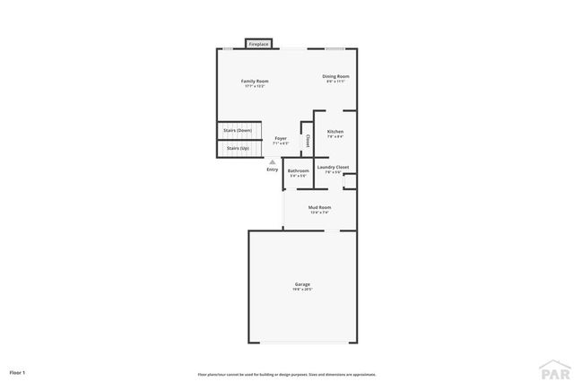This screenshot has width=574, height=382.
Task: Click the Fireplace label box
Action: pos(259,43)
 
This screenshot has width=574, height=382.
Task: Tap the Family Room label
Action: pos(255,81)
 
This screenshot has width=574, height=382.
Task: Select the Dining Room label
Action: pos(335,76)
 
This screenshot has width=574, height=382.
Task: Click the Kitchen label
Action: pos(335,132)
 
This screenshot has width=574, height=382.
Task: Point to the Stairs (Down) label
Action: pos(238,131)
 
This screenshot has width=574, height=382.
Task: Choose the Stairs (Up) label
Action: pos(238,148)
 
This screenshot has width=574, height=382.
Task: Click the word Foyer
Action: pos(281,138)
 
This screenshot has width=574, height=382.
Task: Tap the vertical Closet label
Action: pos(308,141)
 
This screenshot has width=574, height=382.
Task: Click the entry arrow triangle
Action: pos(273,161)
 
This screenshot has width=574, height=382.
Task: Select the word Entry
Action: pos(273,169)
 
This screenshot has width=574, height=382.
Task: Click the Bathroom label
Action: pos(298,170)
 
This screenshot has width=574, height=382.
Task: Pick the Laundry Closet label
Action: pos(333,167)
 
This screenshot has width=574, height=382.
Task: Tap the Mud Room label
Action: pos(319,207)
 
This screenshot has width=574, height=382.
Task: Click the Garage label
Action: pos(302,284)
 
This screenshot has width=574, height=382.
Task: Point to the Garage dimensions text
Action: pos(302,290)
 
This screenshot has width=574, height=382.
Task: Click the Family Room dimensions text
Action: pos(255,86)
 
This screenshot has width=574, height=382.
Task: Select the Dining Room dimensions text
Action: pos(335,82)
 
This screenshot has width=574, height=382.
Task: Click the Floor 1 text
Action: pos(18,371)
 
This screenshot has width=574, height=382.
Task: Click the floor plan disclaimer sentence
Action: pos(286,374)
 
